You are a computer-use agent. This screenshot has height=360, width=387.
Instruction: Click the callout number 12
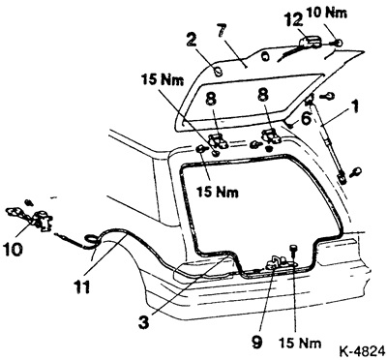pos(293,20)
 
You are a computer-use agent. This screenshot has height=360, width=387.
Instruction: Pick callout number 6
pos(306,118)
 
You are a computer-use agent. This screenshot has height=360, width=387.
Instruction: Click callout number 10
pos(13,249)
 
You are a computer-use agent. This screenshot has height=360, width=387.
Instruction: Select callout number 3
pos(144,322)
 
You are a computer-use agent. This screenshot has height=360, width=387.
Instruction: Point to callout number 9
pos(256,342)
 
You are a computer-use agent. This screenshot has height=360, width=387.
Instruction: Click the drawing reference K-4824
pos(362,350)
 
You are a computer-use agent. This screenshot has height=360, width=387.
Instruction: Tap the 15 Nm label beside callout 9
pos(300,343)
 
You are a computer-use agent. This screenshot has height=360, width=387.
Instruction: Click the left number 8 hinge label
pos(211,99)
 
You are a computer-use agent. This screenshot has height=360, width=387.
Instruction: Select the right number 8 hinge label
pos(263,99)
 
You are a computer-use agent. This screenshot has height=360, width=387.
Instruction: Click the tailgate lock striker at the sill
pos(278,263)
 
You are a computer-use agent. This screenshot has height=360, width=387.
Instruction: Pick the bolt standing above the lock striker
pos(293,250)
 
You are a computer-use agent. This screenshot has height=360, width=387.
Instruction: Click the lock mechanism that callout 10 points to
pos(44,221)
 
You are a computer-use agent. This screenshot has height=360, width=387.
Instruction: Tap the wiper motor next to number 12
pos(311,43)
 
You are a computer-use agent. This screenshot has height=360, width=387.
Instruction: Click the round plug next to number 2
pos(219,71)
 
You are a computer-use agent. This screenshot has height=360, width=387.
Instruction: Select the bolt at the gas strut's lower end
pos(356,171)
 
